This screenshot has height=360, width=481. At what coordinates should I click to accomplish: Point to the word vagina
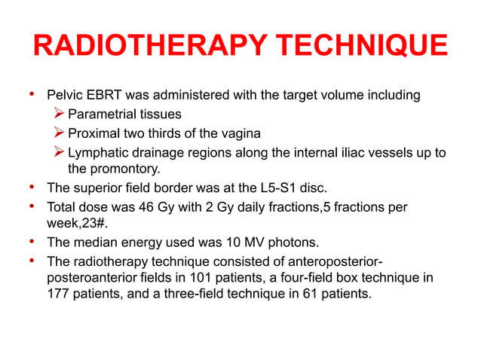point(240,133)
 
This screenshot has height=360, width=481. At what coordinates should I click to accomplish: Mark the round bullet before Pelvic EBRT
point(32,96)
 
